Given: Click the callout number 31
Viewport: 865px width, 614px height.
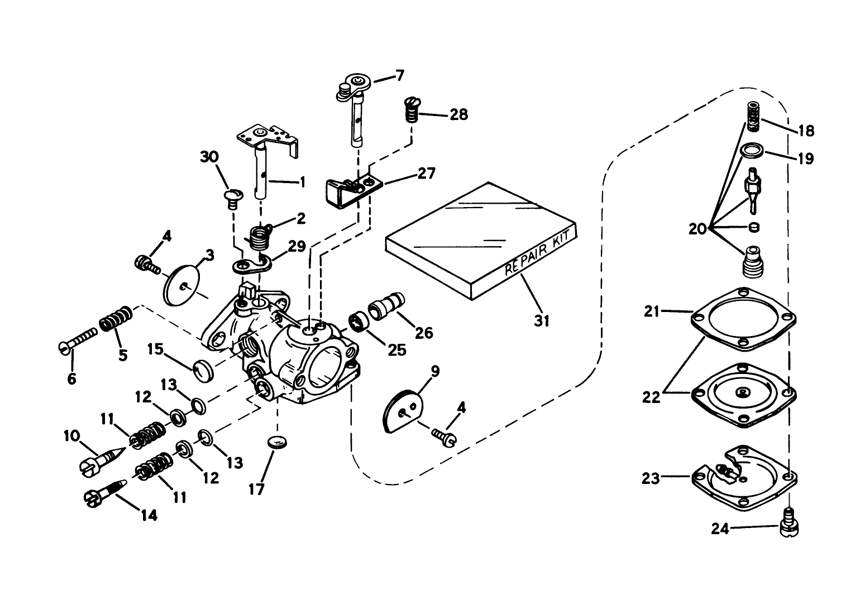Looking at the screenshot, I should [542, 321].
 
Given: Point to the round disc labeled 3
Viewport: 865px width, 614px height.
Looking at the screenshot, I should [183, 285].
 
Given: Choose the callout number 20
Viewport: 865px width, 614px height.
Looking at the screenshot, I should [697, 228].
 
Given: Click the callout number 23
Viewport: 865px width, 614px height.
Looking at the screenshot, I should [651, 478].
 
